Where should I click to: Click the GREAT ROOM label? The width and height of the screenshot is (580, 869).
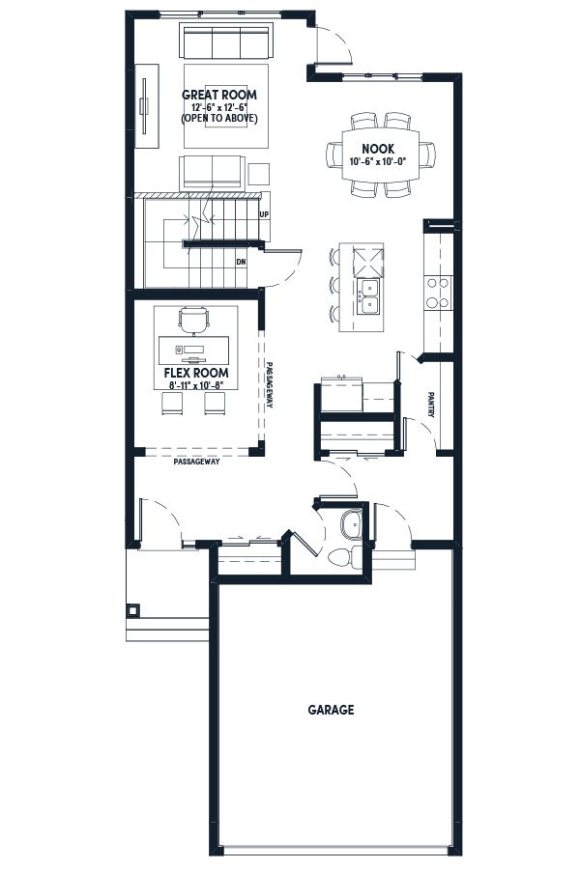click(x=219, y=95)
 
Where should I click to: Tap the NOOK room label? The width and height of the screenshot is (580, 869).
click(x=378, y=149)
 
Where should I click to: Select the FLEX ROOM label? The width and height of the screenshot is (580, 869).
click(x=196, y=373)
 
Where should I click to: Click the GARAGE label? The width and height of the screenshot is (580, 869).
click(x=331, y=710)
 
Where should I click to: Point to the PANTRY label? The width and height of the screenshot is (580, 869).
click(x=431, y=405)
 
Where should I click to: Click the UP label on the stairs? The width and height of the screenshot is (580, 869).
click(x=264, y=214)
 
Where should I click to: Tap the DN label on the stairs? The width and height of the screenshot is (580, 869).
click(x=241, y=262)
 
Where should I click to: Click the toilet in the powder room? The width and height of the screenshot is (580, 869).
click(x=343, y=556)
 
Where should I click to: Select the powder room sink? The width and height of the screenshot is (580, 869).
click(x=351, y=524)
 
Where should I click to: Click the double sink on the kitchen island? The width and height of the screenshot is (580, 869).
click(x=368, y=297)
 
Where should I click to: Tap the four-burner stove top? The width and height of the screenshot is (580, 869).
click(x=438, y=293)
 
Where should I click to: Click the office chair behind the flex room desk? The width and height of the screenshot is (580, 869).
click(x=194, y=321)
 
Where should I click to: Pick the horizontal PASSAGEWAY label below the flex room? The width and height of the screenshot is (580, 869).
click(x=196, y=462)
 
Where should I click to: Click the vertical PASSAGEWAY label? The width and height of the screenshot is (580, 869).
click(x=269, y=385)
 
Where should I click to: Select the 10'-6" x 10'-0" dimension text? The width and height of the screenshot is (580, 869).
click(x=378, y=162)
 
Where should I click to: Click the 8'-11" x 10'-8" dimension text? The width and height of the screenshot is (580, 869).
click(x=196, y=385)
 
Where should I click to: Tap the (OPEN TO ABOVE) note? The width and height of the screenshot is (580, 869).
click(x=219, y=118)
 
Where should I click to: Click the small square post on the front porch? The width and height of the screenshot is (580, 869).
click(x=133, y=611)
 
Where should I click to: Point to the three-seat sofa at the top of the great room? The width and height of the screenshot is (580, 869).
click(x=225, y=40)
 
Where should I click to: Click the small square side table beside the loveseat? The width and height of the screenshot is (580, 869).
click(x=259, y=174)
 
